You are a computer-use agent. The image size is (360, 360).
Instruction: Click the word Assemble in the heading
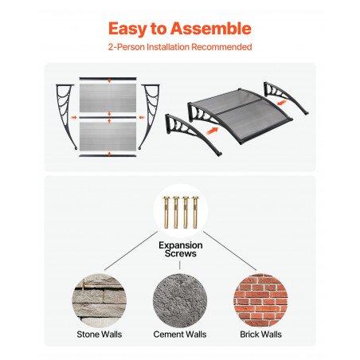tap(211, 29)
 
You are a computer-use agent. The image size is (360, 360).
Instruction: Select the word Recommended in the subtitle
tap(221, 47)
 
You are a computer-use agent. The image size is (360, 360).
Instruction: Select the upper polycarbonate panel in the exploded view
tap(108, 98)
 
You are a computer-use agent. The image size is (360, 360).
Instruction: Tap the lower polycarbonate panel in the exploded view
tap(108, 136)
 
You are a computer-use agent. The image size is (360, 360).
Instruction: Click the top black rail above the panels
tap(108, 79)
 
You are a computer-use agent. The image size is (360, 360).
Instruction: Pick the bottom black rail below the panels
tap(108, 155)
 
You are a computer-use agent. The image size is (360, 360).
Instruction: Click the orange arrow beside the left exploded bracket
tap(74, 117)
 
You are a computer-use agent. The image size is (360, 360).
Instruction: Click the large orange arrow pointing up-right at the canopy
tap(213, 131)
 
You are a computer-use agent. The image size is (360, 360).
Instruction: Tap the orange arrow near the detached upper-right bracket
tap(282, 102)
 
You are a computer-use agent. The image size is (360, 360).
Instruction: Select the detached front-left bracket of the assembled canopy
tap(191, 132)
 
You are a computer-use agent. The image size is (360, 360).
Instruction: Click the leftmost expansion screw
tap(166, 212)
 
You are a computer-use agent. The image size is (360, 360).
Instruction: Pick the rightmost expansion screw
tap(195, 212)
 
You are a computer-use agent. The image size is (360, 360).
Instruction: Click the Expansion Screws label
tap(181, 249)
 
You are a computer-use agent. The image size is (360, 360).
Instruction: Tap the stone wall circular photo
tap(100, 300)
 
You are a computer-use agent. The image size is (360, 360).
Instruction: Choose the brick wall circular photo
tap(260, 300)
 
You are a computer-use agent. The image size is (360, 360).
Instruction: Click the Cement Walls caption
tap(180, 335)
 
